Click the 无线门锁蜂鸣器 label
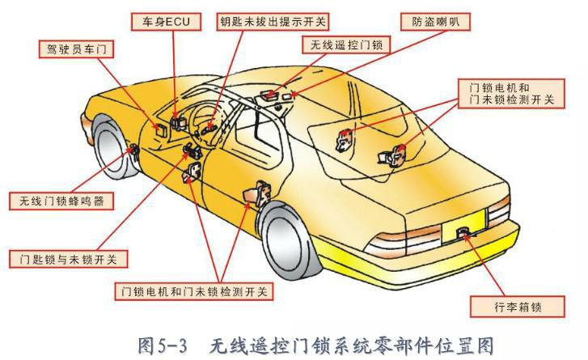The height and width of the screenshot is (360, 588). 61,200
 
